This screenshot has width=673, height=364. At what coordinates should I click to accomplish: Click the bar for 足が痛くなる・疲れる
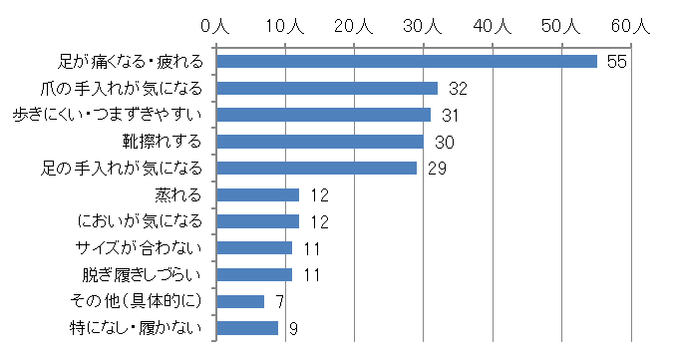pos(406,62)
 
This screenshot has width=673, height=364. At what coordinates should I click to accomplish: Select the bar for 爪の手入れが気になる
pos(327,88)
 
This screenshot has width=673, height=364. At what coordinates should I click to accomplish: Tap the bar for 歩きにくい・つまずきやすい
pos(323,115)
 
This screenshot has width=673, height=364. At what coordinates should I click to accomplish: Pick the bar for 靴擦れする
pos(320,142)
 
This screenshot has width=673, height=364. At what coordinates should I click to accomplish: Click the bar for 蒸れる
pos(257,194)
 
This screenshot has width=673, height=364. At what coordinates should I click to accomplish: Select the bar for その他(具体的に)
pos(240,301)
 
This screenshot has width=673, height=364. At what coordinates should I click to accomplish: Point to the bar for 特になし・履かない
pos(247,327)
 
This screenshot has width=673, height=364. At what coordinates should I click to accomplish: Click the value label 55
pos(615,62)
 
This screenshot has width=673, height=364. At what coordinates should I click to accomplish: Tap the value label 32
pos(458,89)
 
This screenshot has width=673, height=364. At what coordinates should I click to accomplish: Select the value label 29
pos(437,169)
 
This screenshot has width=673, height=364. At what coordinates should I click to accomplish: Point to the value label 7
pos(281,301)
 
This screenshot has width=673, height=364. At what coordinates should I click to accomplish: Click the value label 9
pos(294,328)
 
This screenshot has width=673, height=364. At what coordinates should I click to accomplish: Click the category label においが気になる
pos(142,220)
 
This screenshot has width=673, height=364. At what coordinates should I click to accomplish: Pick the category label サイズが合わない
pos(144,247)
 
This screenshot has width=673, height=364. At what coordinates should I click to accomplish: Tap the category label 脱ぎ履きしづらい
pos(143,274)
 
